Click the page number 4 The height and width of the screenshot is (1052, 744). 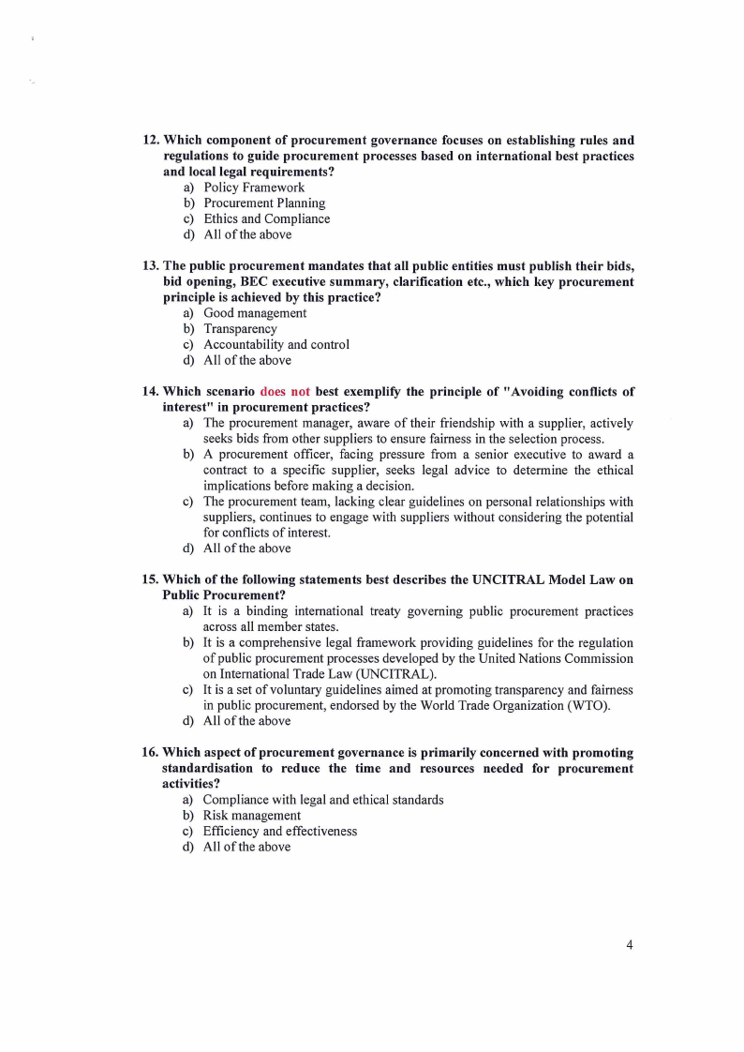click(630, 944)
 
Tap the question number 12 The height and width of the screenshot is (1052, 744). click(150, 141)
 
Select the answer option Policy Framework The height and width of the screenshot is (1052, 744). click(253, 188)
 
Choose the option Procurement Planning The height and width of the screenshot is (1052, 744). click(264, 203)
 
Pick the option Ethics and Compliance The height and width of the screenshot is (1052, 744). click(266, 219)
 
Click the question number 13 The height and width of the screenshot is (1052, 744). click(150, 266)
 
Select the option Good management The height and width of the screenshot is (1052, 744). click(255, 313)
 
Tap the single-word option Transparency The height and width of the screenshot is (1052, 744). click(240, 329)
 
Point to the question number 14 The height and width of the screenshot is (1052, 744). click(150, 392)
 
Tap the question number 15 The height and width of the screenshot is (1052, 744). click(150, 580)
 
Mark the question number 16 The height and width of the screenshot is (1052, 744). click(150, 753)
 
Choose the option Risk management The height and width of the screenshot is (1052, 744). click(252, 816)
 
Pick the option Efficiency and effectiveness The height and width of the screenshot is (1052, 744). click(280, 832)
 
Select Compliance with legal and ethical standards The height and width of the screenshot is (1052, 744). click(323, 800)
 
